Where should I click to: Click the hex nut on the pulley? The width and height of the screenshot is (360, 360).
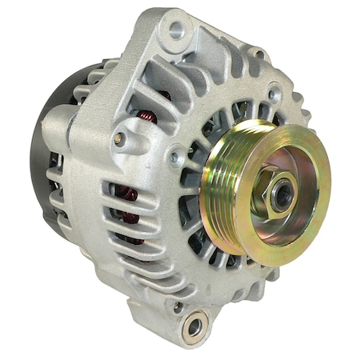pos(277,195)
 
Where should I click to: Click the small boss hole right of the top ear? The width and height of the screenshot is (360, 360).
pos(258,54)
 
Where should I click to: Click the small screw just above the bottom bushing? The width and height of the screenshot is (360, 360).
pos(178,305)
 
